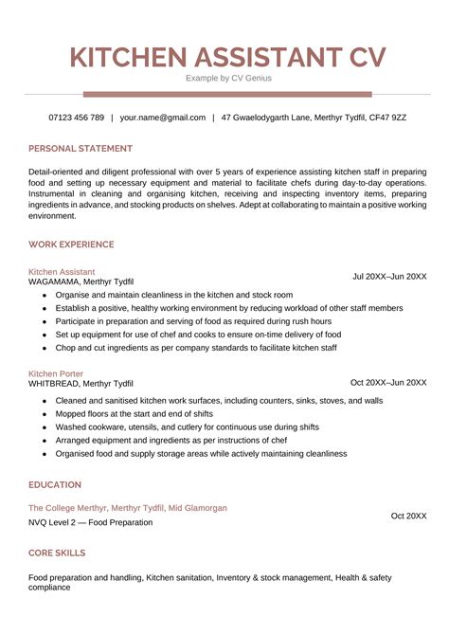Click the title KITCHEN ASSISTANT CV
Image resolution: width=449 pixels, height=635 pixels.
[x=227, y=56]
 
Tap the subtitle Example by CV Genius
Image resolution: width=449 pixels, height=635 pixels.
[x=227, y=78]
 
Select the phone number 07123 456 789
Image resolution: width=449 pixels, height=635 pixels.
[x=76, y=118]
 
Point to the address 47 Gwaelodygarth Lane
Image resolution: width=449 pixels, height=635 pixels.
[x=275, y=118]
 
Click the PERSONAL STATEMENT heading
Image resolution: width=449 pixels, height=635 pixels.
[x=81, y=149]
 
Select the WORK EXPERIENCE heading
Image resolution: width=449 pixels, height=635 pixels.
[x=71, y=245]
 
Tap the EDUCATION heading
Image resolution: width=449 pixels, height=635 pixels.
[x=55, y=484]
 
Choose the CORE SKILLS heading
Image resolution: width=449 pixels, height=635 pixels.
[x=57, y=553]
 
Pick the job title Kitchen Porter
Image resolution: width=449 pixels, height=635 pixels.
[x=55, y=373]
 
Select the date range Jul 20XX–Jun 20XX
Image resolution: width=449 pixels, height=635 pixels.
[x=389, y=277]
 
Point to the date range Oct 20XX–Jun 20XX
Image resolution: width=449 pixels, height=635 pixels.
[x=388, y=383]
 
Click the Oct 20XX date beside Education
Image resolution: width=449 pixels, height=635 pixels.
[x=409, y=516]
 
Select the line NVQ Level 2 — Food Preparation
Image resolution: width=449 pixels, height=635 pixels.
[x=90, y=522]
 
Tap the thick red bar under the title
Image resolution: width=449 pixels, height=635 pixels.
[x=227, y=94]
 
